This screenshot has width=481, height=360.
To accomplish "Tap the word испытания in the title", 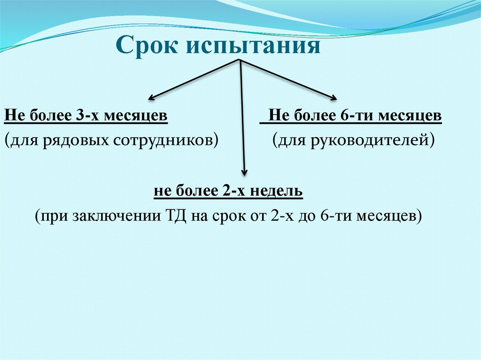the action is click(x=254, y=48).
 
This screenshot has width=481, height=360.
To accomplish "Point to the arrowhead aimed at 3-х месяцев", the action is click(x=152, y=98).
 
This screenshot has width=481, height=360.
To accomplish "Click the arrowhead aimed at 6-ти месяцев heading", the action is click(x=333, y=98).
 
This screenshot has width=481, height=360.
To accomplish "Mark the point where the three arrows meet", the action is click(x=240, y=61).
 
